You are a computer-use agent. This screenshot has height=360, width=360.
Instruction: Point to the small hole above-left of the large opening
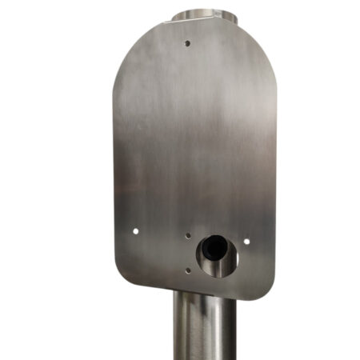[187, 236]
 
